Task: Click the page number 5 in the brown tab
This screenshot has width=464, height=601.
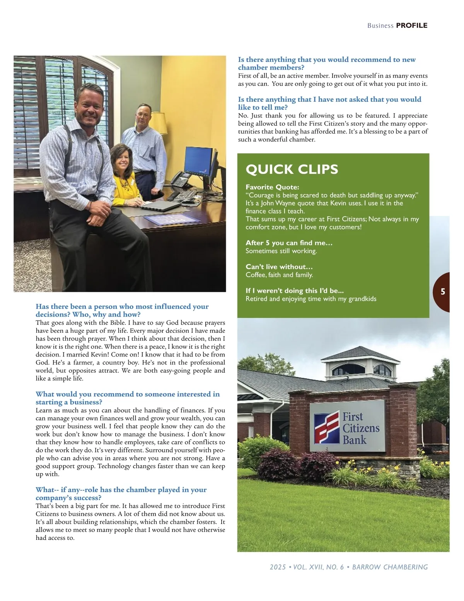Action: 443,292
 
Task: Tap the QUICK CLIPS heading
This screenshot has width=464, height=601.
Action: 292,169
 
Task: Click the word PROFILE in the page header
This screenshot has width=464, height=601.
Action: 412,26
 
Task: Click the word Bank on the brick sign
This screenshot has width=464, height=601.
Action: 354,440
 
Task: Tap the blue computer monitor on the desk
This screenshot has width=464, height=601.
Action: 198,161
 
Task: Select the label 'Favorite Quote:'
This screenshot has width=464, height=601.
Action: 272,187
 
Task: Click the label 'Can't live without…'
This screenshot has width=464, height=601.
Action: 279,267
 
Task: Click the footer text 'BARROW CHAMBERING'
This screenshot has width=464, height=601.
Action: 390,567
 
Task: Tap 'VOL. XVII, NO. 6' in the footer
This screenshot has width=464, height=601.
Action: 318,567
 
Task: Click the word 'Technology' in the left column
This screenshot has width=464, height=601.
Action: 114,466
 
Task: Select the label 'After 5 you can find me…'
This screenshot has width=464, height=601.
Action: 289,243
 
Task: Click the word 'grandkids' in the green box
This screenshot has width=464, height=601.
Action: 362,299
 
